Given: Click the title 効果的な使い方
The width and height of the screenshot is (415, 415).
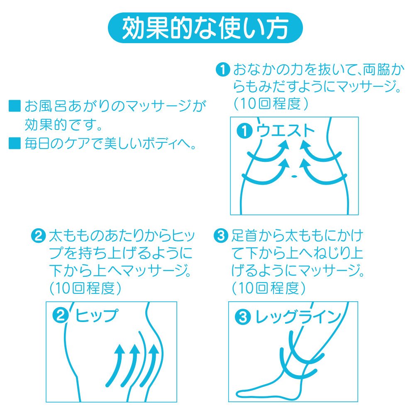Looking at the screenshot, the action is [x=205, y=28].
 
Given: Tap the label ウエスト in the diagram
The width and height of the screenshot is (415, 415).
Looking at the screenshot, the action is [x=285, y=131].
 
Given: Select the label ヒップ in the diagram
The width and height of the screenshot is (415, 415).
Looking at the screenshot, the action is [x=96, y=315].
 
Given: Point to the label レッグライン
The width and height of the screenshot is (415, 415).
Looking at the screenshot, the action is [x=298, y=317].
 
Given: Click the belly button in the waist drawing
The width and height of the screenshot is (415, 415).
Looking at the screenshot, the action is [x=294, y=176].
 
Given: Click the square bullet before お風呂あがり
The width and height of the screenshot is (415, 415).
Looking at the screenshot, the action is [x=15, y=106].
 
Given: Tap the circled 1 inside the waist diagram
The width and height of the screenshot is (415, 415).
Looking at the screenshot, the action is [x=245, y=131].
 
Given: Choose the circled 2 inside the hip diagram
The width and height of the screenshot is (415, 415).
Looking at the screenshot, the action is [x=61, y=316].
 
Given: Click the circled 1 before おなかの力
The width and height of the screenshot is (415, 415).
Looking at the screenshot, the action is [x=223, y=70].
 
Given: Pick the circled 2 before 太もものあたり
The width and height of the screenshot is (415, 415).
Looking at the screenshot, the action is [x=39, y=236].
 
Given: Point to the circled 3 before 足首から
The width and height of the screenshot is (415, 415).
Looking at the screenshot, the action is [x=220, y=236].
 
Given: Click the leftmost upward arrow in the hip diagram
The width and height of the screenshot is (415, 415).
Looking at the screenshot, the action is [x=117, y=365].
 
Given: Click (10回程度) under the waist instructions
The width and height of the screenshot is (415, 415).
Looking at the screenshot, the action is [x=271, y=104].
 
